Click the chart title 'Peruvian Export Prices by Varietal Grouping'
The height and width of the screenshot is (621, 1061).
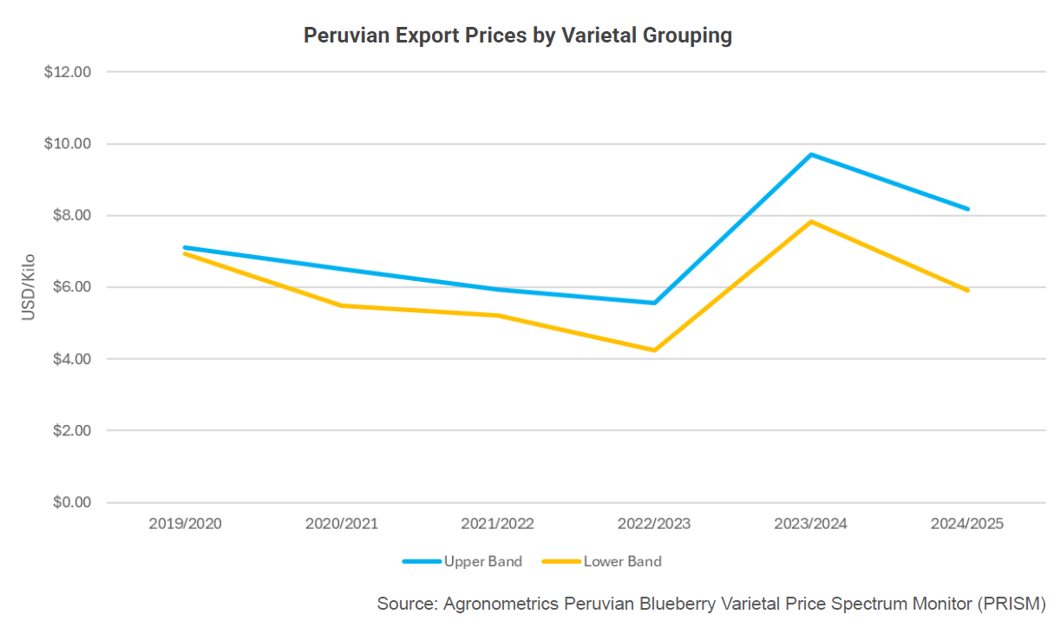(518, 36)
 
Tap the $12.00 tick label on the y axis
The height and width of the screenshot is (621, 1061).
(68, 72)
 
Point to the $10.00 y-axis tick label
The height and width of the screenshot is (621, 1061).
(68, 144)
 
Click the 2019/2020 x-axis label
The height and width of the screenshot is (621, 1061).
(185, 524)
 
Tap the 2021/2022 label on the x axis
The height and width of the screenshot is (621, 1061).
(498, 524)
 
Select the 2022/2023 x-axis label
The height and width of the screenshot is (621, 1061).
(654, 524)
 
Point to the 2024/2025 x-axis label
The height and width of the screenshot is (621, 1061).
(967, 524)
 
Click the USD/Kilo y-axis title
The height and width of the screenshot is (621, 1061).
(29, 287)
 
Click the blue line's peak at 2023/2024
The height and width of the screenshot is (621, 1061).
(811, 154)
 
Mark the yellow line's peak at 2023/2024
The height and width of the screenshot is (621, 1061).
(811, 221)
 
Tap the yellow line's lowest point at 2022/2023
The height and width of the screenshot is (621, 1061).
(654, 350)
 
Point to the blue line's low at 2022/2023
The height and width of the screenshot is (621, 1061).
(654, 303)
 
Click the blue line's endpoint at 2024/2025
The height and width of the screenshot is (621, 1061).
(967, 209)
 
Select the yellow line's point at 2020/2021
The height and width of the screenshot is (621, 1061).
(342, 305)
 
